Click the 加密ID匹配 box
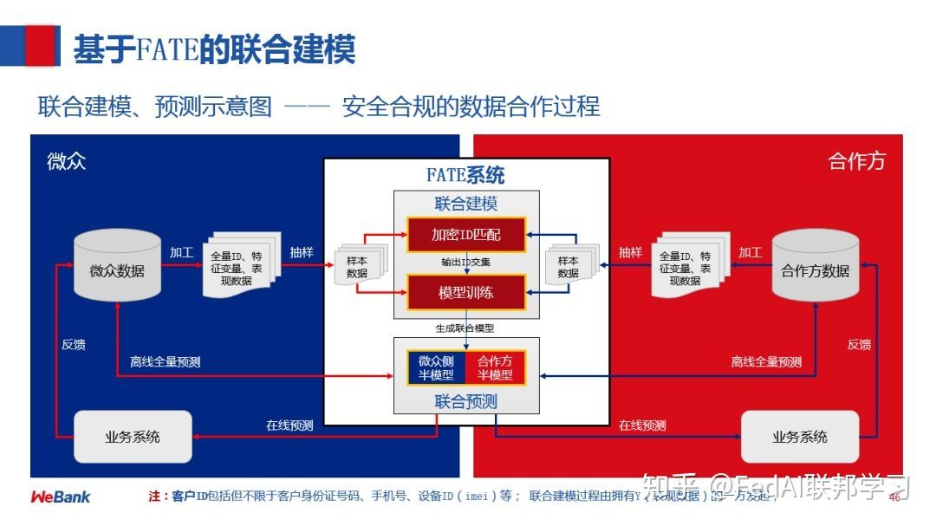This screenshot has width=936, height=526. pos(466,233)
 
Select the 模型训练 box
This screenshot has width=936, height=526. pos(466,292)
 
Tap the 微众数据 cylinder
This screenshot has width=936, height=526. pos(117,269)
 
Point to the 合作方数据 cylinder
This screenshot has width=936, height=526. pos(816,269)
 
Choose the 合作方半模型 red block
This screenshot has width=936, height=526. pos(496,367)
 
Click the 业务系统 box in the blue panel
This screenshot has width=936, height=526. pos(133,437)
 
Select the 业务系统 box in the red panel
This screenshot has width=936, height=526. pos(800,437)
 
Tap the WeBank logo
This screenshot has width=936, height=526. pos(61,497)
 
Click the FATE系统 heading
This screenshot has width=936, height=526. pos(465,175)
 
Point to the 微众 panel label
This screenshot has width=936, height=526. pos(67,161)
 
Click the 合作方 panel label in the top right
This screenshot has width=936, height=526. pos(857,161)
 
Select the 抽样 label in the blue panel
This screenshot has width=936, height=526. pos(302,252)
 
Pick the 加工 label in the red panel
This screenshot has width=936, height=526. pos(750,252)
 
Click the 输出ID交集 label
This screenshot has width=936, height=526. pos(466,262)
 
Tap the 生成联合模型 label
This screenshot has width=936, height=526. pos(465,328)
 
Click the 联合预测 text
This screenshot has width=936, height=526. pos(466,401)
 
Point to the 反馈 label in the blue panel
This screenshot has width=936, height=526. pos(74,344)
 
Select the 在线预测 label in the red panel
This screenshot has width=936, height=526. pos(642,425)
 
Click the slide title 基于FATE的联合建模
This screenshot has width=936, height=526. pos(214,49)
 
